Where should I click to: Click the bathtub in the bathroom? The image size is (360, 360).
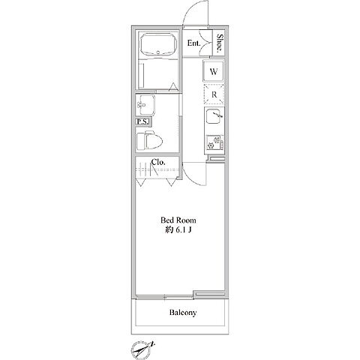pos(158,45)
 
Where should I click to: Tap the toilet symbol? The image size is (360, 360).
pos(149,140)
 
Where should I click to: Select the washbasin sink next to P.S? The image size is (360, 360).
pos(145,105)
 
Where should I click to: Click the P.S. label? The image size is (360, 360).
pos(143,121)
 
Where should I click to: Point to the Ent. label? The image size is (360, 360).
pos(194,43)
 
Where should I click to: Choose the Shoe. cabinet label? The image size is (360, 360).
pos(220,43)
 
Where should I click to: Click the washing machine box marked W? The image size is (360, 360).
pos(214,72)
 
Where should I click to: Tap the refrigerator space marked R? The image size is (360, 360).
pos(214,94)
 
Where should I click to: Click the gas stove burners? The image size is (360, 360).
pos(214,143)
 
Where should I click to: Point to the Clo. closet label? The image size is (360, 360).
pos(158,163)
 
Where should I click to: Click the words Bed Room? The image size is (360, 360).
pos(178,220)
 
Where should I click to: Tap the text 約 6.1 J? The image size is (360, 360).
pos(178,230)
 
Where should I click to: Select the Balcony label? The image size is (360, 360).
pos(183,313)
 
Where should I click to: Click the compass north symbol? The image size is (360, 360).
pos(142,349)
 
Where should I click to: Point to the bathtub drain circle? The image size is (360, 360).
pos(158,52)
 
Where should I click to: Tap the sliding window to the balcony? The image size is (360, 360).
pos(164,297)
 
